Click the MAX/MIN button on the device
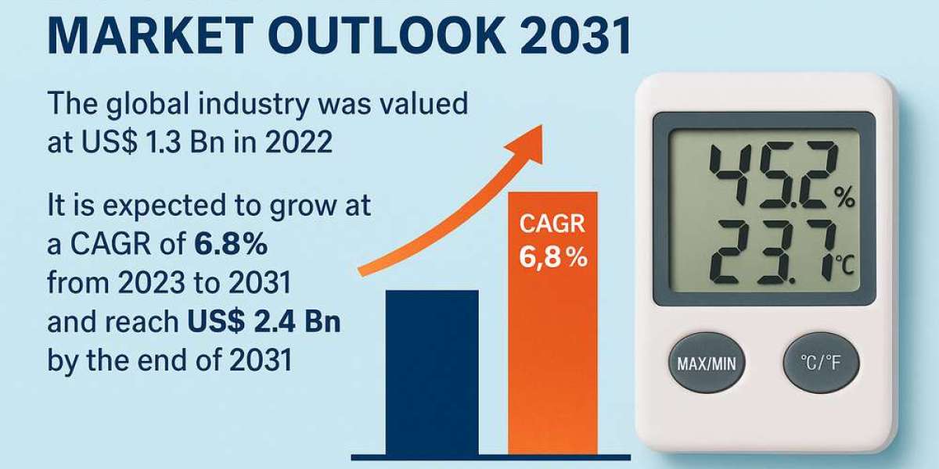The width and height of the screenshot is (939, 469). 707,363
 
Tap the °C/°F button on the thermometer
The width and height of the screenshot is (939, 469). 822,363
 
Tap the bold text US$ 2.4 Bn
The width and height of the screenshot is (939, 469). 264,322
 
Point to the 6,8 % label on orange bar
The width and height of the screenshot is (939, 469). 552,257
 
